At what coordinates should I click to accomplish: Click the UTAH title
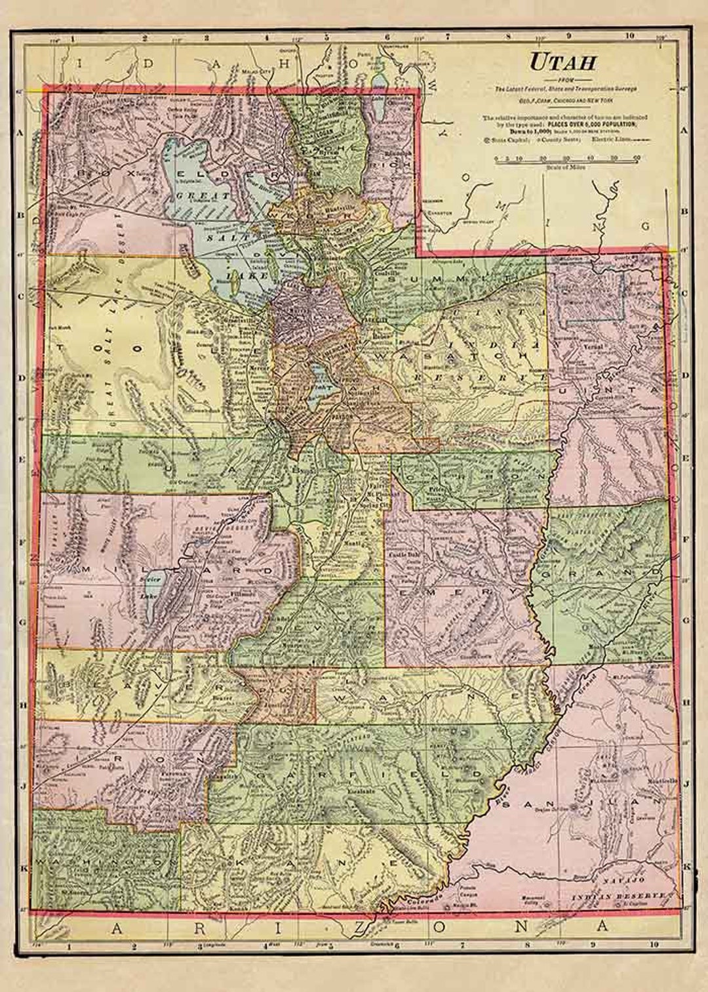562,62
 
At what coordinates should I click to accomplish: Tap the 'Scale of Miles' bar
568,159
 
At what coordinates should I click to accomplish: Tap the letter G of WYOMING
646,226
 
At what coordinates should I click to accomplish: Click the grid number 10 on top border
629,37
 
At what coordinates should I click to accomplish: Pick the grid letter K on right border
686,867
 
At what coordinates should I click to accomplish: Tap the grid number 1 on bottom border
69,947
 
